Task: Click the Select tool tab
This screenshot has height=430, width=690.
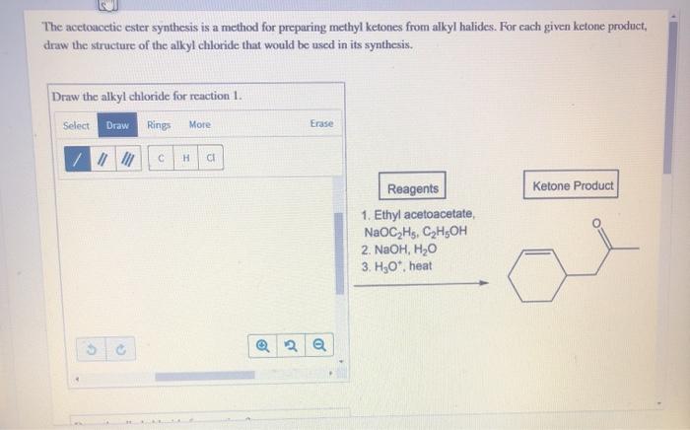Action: (x=76, y=125)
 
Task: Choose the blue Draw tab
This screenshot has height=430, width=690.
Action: (x=117, y=125)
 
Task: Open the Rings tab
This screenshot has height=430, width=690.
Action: (x=159, y=125)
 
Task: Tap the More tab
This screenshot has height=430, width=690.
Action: (x=199, y=125)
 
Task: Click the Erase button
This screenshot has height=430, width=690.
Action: (x=321, y=124)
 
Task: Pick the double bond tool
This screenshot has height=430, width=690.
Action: (x=100, y=159)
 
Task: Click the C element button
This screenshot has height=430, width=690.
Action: (x=161, y=159)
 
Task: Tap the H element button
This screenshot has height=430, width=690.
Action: (x=186, y=159)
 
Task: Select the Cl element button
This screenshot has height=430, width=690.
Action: (x=211, y=159)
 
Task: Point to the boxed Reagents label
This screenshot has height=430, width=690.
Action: (x=413, y=188)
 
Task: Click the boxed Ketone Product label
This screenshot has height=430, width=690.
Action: (x=573, y=185)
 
